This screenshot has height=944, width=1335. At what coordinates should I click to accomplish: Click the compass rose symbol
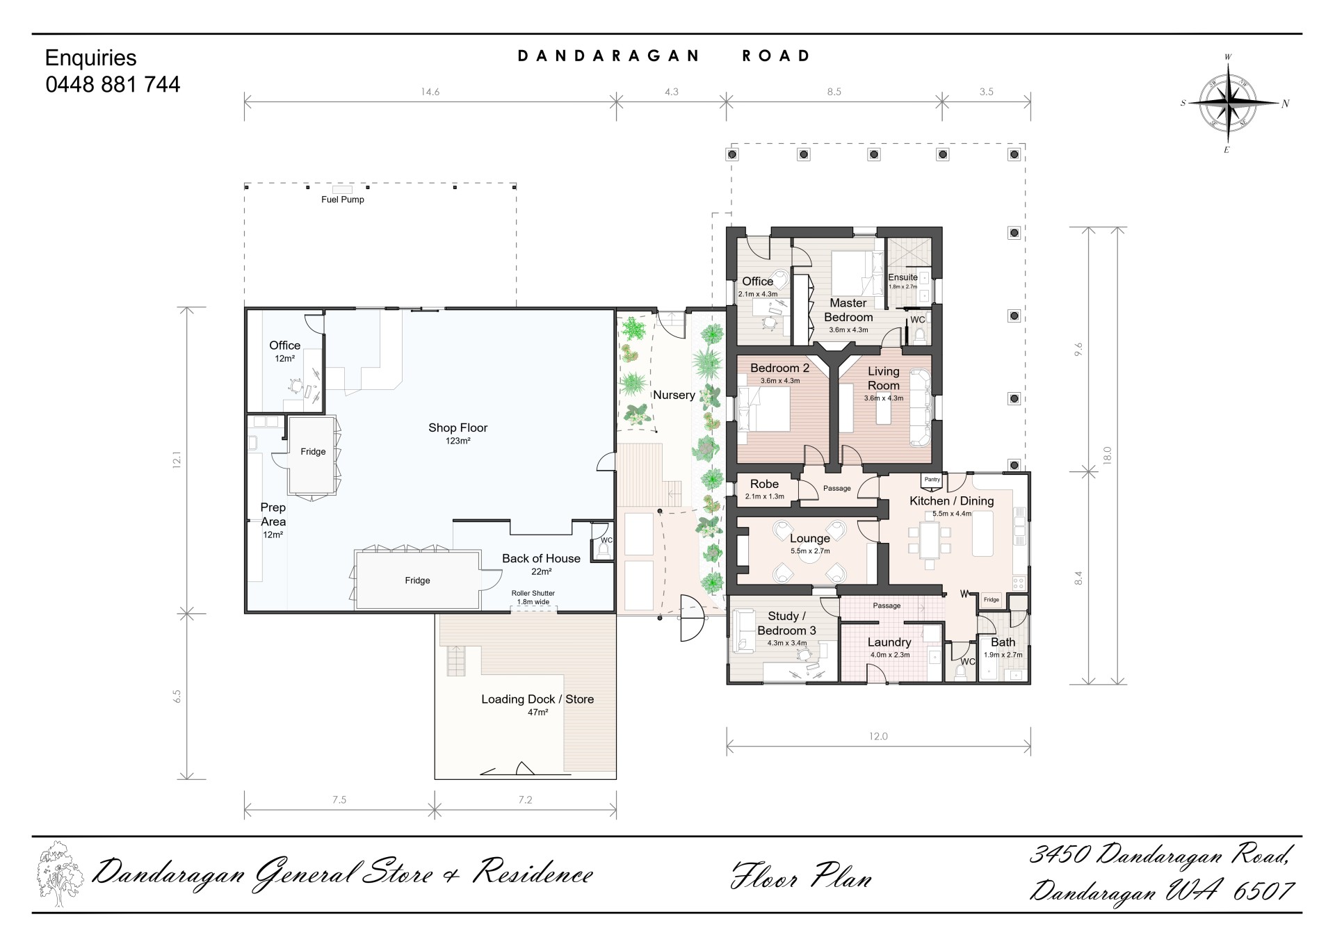coord(1232,104)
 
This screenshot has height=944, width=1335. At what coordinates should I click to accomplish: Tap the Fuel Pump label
coord(343,200)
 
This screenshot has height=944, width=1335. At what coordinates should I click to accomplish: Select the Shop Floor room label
coord(458,428)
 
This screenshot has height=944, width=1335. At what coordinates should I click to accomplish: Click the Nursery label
coord(674,395)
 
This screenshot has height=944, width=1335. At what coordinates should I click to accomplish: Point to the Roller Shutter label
coord(533,593)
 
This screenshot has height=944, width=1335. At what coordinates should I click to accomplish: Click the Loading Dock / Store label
coord(537,699)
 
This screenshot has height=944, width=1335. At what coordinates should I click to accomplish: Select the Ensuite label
coord(903,277)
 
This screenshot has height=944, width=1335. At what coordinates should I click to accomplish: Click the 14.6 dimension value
coord(430,92)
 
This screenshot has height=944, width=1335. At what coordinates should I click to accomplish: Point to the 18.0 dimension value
coord(1108,455)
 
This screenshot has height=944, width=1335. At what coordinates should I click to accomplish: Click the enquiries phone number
coord(113,84)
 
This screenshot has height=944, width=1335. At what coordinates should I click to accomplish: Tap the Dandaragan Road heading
coord(665,56)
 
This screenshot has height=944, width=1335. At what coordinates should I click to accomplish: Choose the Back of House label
coord(541,558)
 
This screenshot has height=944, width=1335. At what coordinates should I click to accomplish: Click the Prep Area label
coord(273,514)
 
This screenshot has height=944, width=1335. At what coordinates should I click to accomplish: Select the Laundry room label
coord(889,642)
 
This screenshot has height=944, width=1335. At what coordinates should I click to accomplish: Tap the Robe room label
coord(764,484)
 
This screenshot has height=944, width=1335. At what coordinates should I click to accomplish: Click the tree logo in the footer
coord(60,874)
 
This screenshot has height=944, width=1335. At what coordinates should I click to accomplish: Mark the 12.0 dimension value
coord(878,736)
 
